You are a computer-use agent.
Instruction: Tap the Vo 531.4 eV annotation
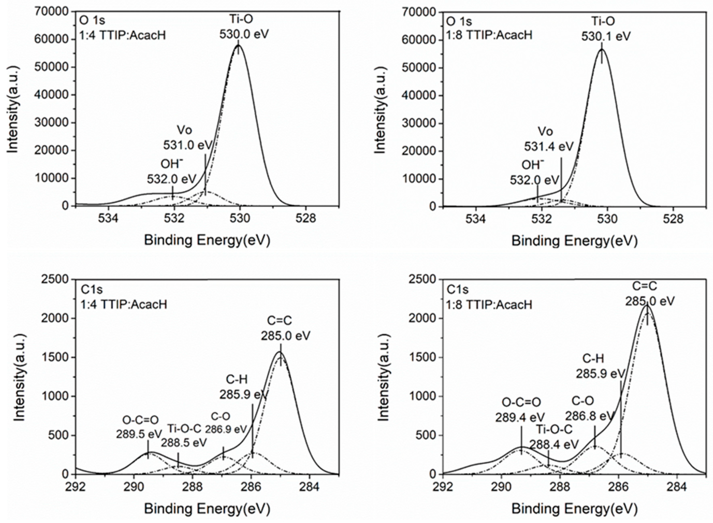click(x=549, y=139)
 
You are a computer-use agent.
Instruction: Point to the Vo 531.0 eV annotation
click(x=187, y=138)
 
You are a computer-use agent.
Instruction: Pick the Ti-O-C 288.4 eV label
click(x=554, y=437)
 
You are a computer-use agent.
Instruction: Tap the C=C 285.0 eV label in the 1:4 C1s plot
click(x=285, y=329)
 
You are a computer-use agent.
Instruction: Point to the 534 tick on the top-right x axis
click(x=476, y=219)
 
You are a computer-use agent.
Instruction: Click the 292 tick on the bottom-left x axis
click(x=76, y=487)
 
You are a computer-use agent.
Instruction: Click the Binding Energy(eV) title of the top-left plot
click(x=207, y=241)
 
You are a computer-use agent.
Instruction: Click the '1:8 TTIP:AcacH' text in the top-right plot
click(x=489, y=35)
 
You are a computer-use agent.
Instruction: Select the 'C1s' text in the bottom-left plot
click(x=92, y=289)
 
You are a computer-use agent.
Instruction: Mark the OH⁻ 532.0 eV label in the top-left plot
click(x=172, y=172)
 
